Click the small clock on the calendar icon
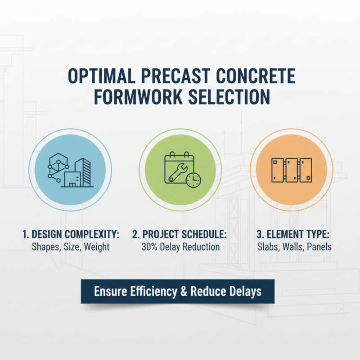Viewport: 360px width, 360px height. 193,180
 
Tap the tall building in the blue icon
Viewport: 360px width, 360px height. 83,171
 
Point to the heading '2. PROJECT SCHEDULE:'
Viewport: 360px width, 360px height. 180,234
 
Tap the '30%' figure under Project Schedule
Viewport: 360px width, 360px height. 150,247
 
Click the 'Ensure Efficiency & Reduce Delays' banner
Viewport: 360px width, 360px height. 178,291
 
